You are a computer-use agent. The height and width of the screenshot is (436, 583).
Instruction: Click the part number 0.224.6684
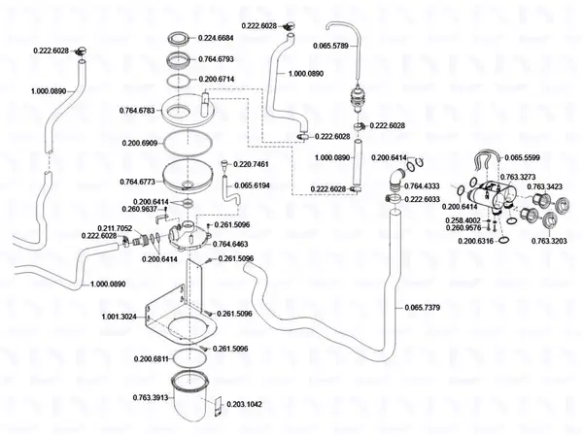[216, 37]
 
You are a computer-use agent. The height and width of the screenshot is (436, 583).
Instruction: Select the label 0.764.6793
[216, 60]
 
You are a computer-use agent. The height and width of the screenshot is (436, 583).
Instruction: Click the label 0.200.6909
[141, 144]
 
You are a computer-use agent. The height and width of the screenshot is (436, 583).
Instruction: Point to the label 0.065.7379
[421, 309]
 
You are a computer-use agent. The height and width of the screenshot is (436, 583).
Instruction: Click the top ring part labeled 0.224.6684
[180, 40]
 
